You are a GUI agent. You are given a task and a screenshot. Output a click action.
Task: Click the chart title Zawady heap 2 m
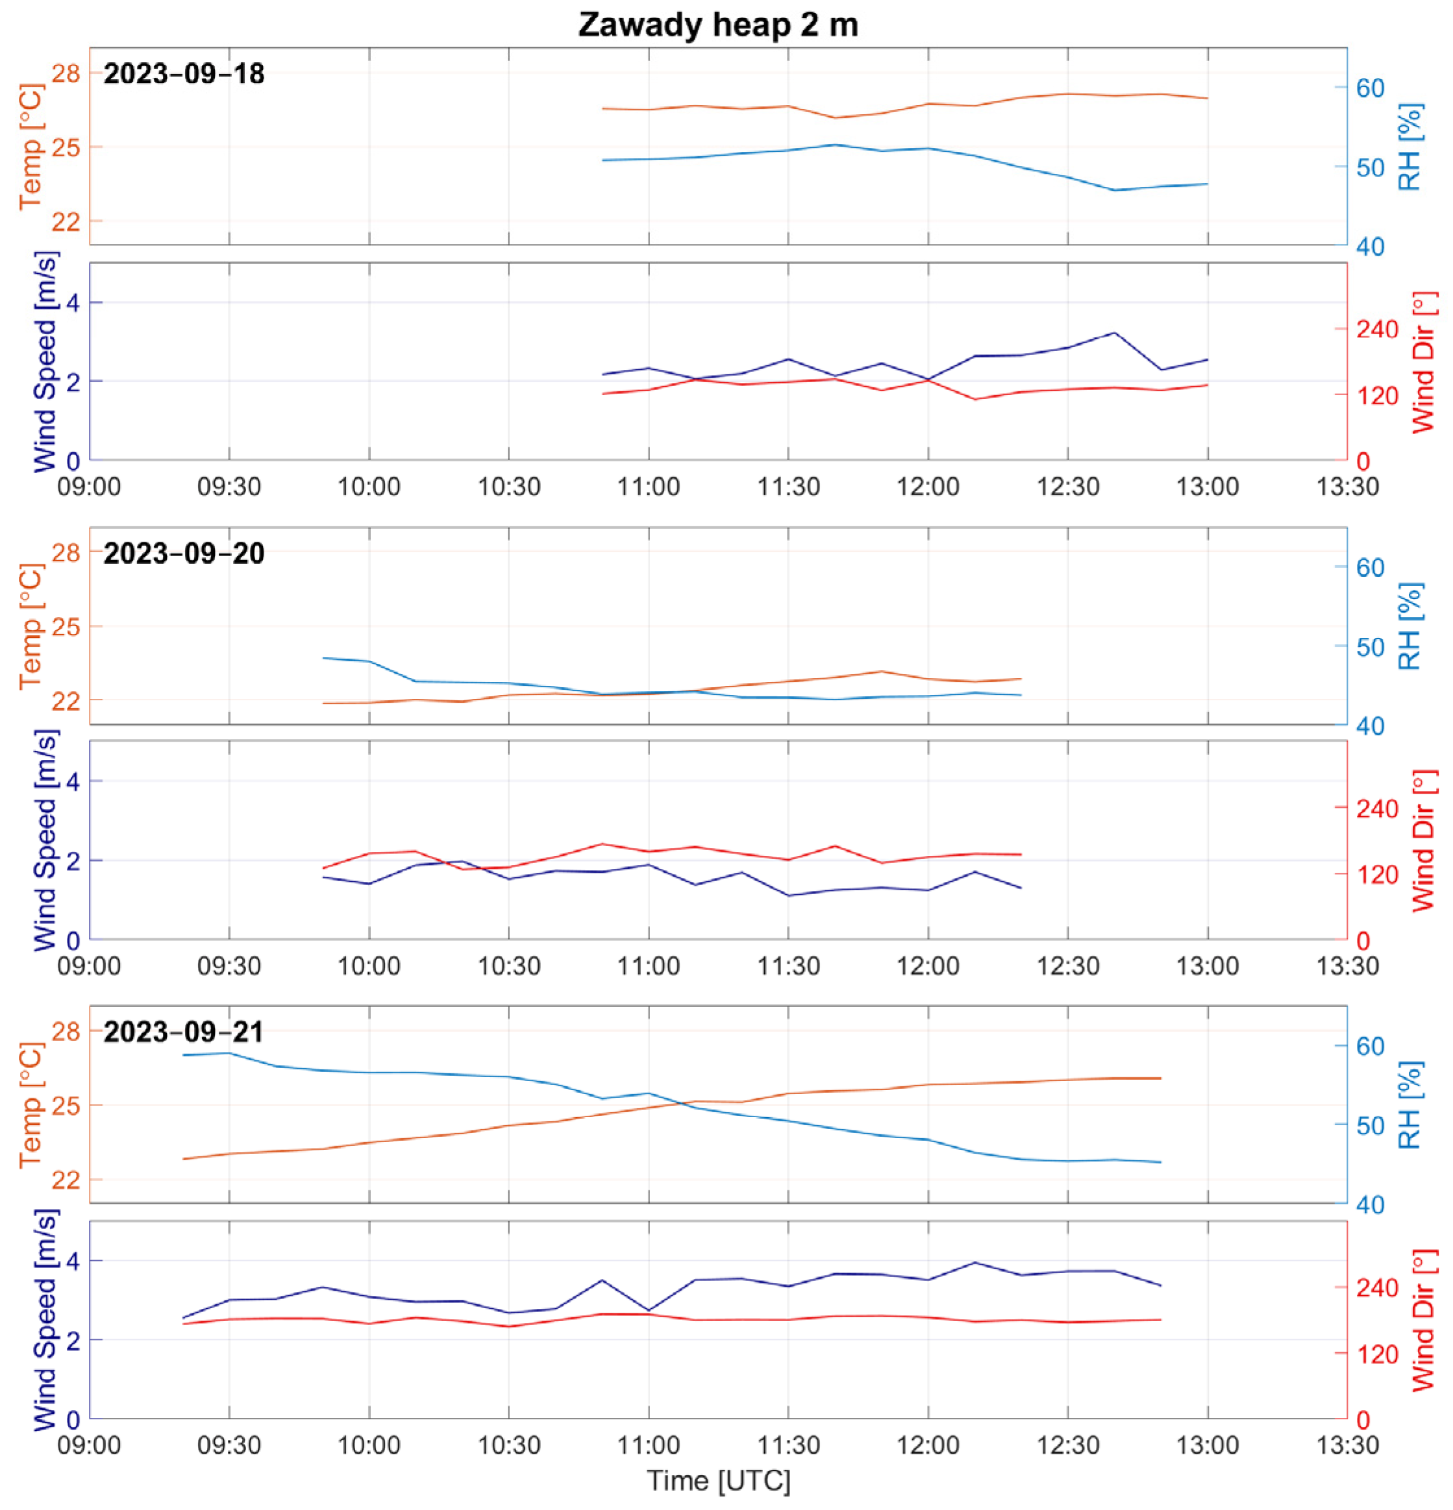click(x=717, y=25)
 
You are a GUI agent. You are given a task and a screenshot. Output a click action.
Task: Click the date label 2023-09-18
click(x=184, y=74)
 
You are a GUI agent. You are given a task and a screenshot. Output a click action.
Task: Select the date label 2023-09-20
click(x=184, y=553)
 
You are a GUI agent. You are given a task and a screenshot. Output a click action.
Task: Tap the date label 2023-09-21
click(x=184, y=1032)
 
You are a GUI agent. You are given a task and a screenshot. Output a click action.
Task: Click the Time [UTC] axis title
click(x=717, y=1481)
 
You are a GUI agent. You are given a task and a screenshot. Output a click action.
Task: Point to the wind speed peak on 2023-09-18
click(x=1114, y=333)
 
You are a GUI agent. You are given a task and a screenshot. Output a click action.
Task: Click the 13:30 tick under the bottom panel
click(x=1347, y=1444)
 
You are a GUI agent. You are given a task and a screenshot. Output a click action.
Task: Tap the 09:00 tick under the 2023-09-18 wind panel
click(x=90, y=487)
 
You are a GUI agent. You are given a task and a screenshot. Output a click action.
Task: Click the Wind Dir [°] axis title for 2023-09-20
click(x=1424, y=840)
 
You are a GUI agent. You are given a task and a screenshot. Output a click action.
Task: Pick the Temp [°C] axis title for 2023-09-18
click(x=31, y=147)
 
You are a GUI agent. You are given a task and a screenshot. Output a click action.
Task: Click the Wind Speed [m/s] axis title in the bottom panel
click(x=45, y=1319)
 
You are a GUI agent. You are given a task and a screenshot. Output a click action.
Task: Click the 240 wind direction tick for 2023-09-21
click(x=1376, y=1288)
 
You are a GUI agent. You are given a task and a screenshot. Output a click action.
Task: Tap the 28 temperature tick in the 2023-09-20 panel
click(x=66, y=552)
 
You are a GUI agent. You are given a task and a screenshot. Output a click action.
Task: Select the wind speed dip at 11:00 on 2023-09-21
click(x=648, y=1309)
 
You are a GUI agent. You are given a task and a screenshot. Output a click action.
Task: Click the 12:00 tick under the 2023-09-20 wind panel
click(x=927, y=966)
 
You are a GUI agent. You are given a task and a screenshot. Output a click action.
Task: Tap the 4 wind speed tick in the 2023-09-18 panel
click(x=73, y=302)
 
